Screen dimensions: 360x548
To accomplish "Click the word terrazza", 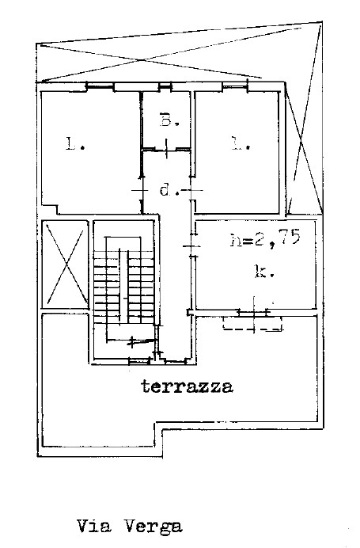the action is tap(187, 386).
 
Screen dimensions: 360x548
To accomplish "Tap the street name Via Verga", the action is tap(129, 527).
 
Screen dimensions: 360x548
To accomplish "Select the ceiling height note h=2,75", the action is tap(265, 238).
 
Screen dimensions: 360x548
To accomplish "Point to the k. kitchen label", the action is tap(264, 272).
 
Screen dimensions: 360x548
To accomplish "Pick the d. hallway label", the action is tap(169, 190).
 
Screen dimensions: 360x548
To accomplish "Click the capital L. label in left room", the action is tap(75, 143).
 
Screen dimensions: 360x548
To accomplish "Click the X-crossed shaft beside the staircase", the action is tap(66, 264).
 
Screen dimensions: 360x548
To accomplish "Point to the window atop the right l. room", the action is tap(235, 85).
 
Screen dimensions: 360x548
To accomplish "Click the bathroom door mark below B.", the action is tap(167, 149).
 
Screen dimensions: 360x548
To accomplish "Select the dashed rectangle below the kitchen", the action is tap(252, 324).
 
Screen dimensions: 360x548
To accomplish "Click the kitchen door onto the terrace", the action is tap(254, 311).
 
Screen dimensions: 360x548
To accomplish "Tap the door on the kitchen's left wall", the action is tap(192, 245).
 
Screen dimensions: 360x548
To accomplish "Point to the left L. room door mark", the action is tap(141, 190).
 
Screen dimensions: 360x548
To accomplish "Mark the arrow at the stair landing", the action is tap(142, 341).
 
